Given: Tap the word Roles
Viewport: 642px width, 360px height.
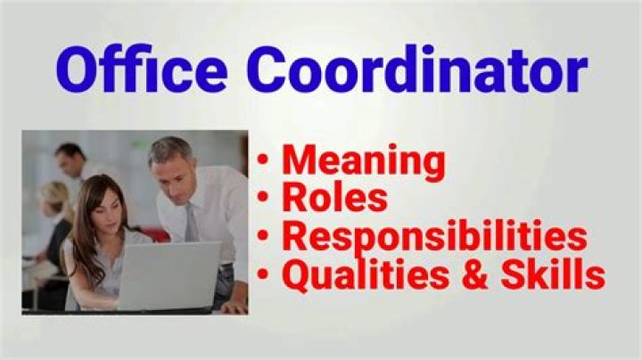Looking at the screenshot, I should (335, 199).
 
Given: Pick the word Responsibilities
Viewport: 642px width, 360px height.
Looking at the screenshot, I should (434, 237).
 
